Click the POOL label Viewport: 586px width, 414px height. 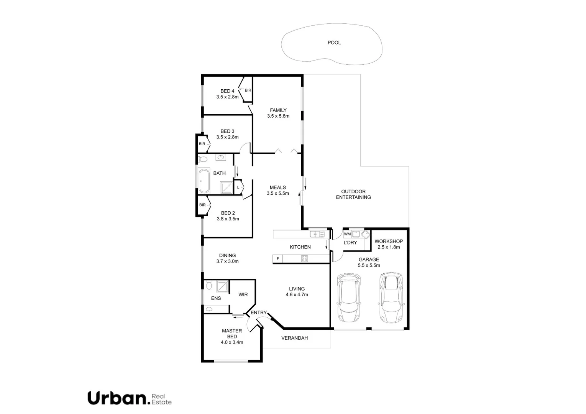(x=334, y=43)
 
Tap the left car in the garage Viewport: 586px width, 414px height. (x=348, y=297)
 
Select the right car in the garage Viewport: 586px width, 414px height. (x=391, y=297)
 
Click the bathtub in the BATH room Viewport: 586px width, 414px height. (x=204, y=181)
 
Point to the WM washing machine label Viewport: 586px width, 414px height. (x=347, y=234)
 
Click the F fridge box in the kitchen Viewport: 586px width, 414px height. (x=277, y=259)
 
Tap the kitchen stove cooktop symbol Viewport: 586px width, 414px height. (x=304, y=259)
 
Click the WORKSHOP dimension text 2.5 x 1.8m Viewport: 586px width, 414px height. (x=389, y=247)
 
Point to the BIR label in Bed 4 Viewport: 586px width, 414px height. (x=248, y=90)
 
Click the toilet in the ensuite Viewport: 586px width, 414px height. (x=208, y=286)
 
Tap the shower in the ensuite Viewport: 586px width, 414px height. (x=222, y=286)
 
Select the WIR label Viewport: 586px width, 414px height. (x=243, y=294)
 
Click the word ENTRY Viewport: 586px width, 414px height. (x=258, y=313)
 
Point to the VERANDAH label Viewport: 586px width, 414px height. (x=294, y=338)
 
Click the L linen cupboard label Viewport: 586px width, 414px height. (x=238, y=187)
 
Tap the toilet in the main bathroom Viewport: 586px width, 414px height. (x=203, y=159)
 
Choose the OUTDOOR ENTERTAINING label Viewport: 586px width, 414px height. (x=353, y=194)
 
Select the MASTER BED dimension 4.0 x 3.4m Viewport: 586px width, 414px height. (x=232, y=342)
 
